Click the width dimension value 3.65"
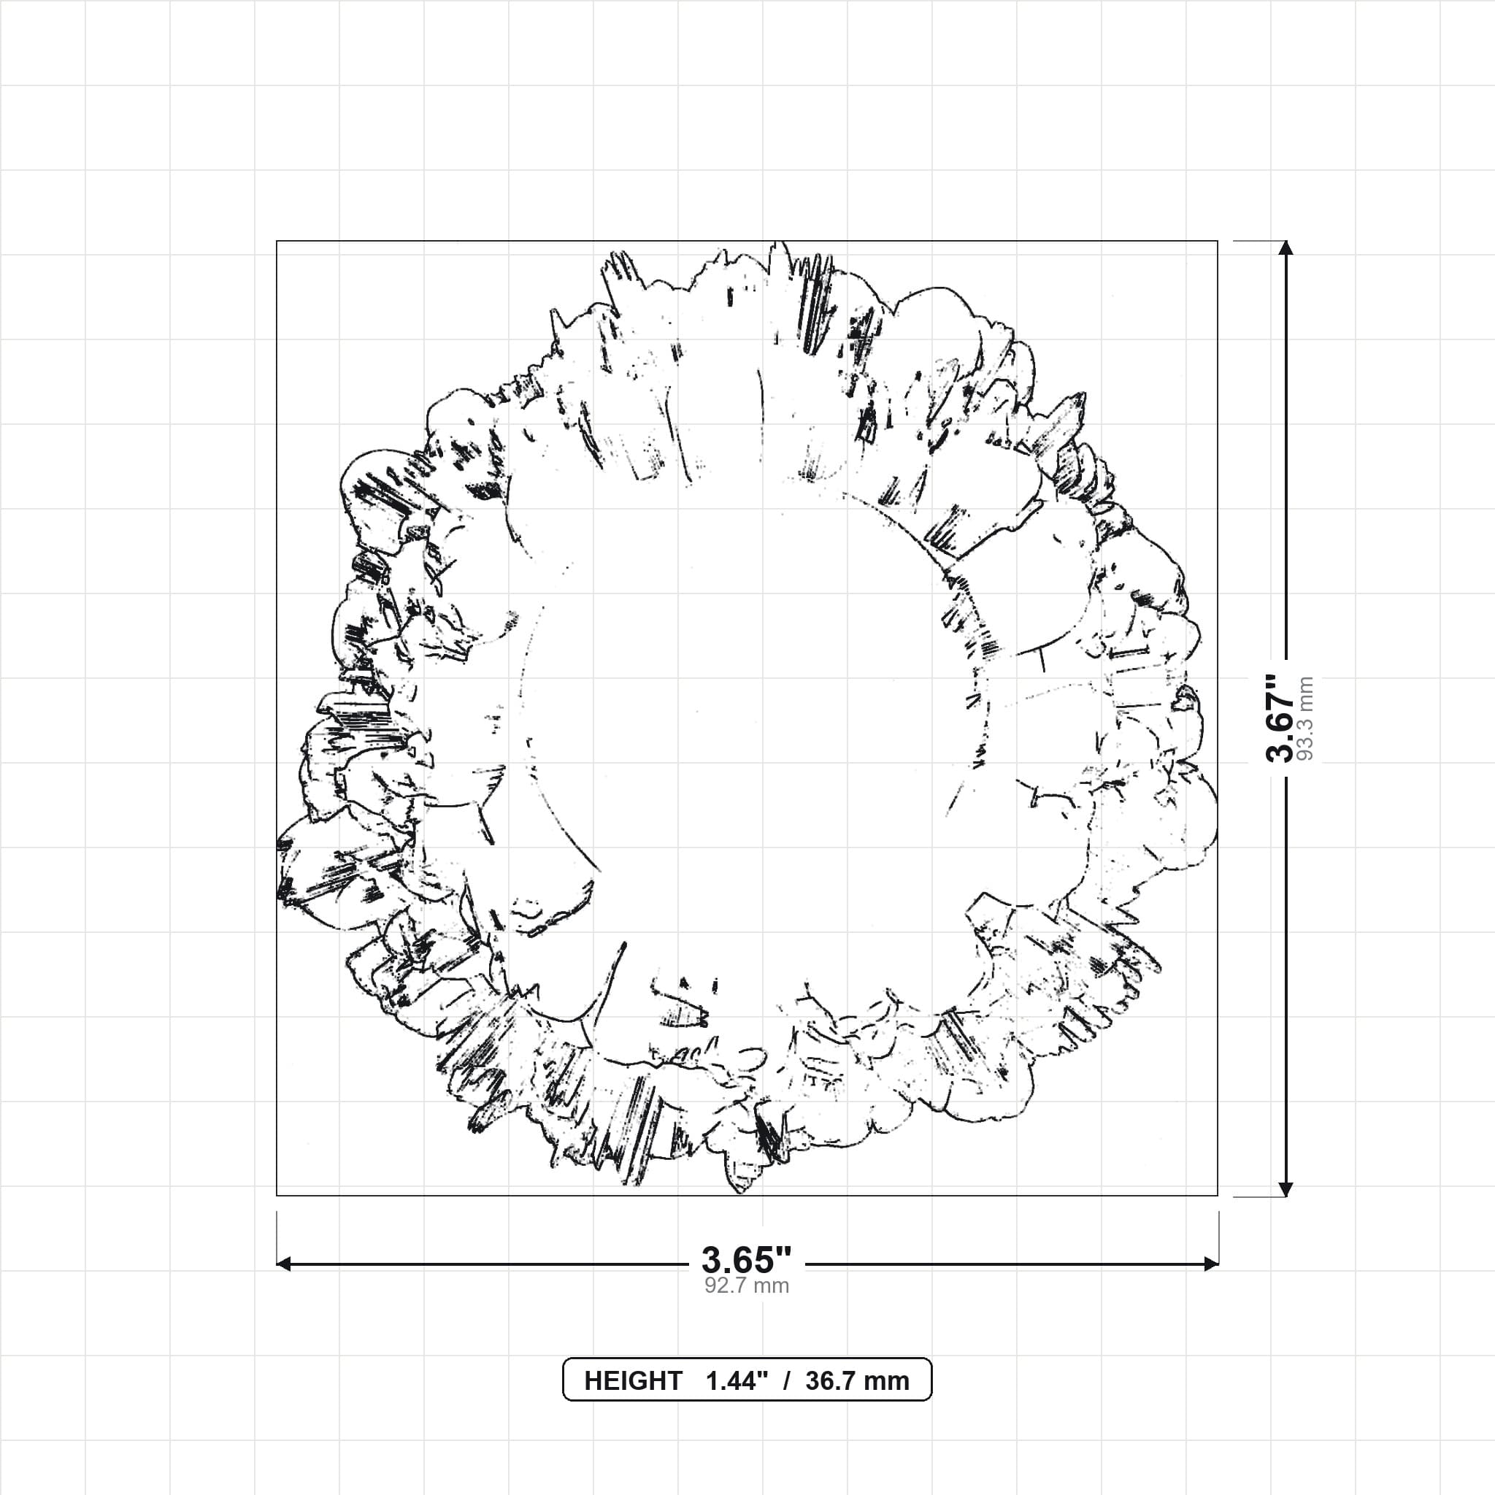pyautogui.click(x=747, y=1261)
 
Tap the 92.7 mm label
pyautogui.click(x=747, y=1286)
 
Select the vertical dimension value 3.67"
pyautogui.click(x=1280, y=719)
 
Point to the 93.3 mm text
pyautogui.click(x=1305, y=719)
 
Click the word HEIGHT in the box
pyautogui.click(x=633, y=1380)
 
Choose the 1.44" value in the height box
pyautogui.click(x=737, y=1380)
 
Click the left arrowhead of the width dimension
pyautogui.click(x=283, y=1264)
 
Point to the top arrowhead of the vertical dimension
pyautogui.click(x=1285, y=247)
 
